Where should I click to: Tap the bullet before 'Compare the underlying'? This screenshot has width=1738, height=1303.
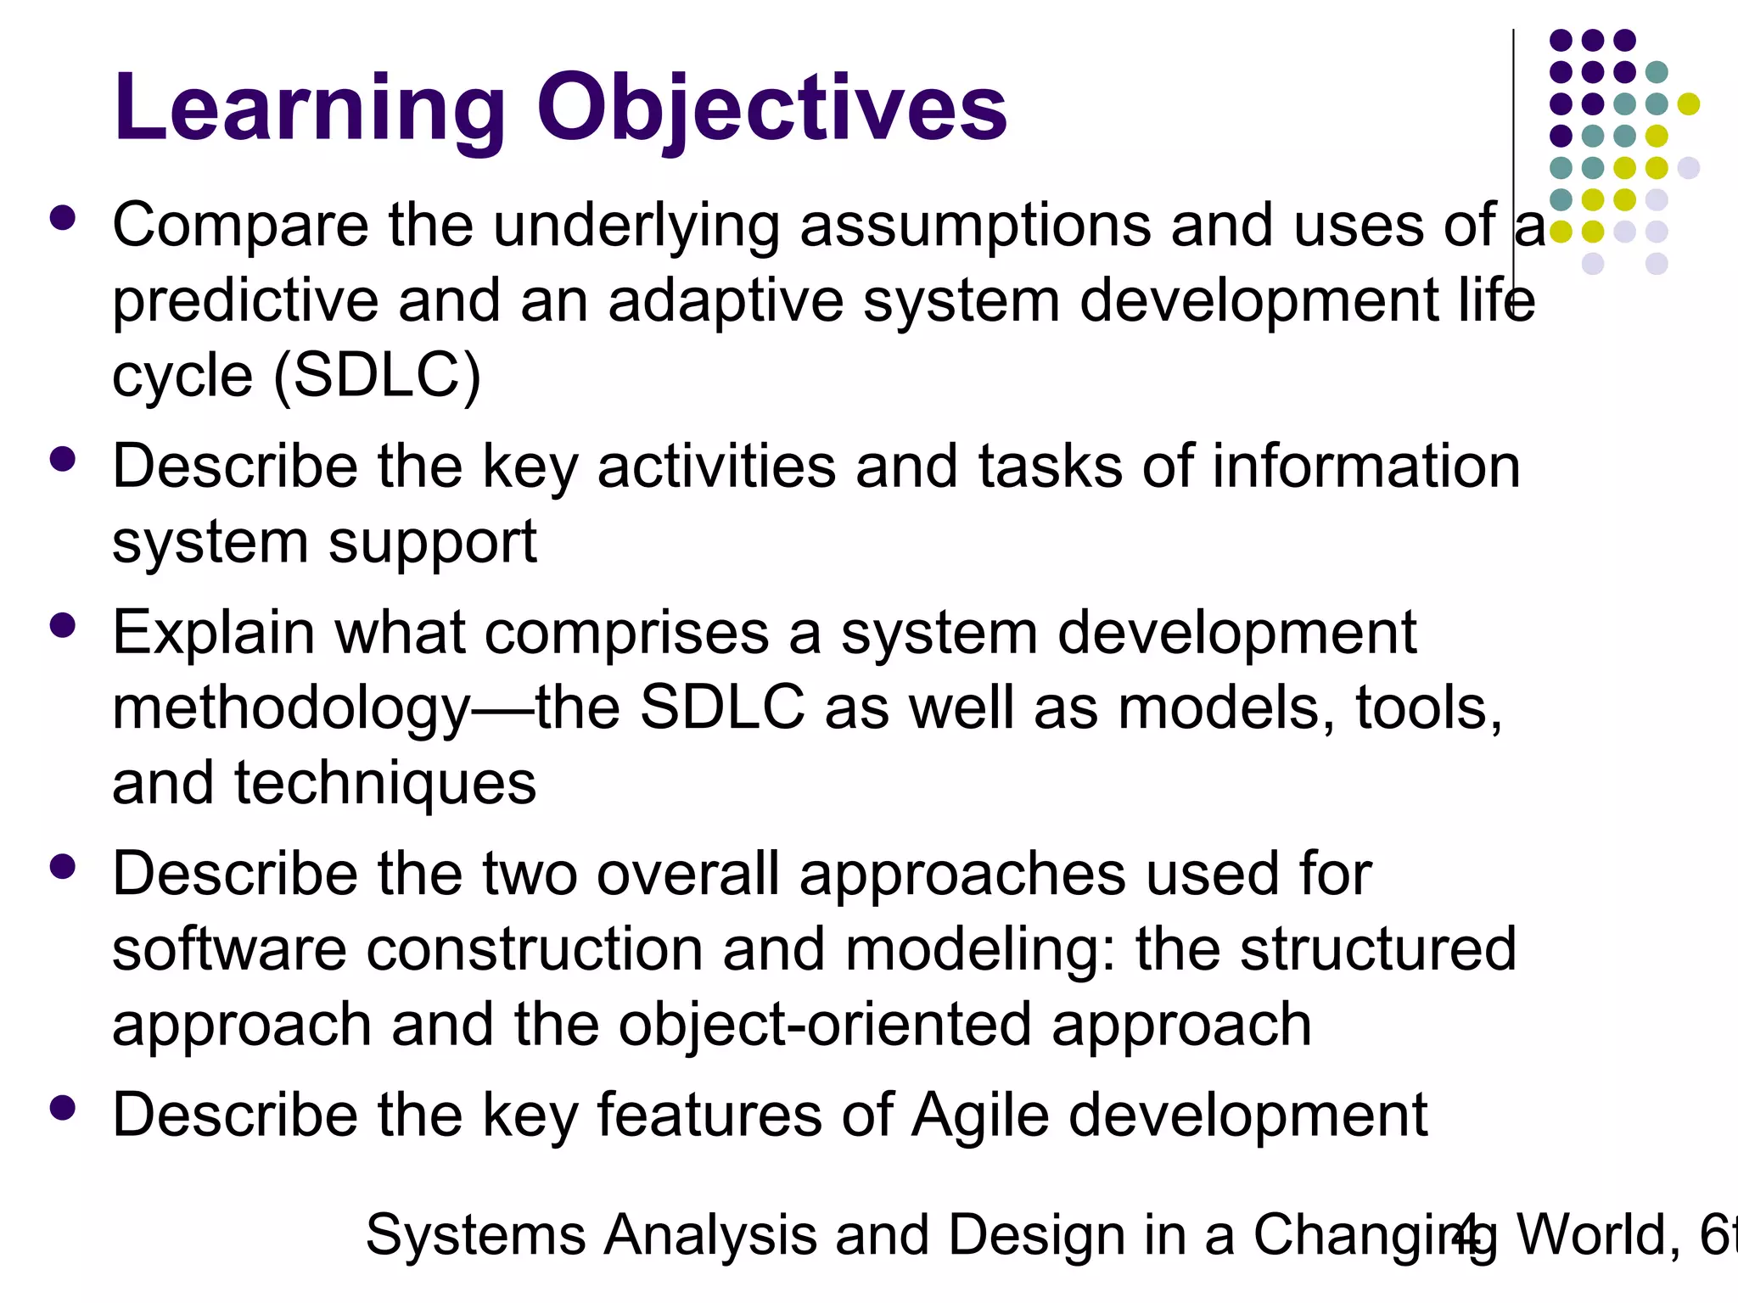63,218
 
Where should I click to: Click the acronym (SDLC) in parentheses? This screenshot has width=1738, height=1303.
378,376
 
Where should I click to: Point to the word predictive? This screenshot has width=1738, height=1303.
245,302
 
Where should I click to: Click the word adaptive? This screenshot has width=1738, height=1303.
726,302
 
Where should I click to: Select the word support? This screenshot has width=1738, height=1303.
432,543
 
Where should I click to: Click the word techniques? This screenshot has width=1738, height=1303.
385,783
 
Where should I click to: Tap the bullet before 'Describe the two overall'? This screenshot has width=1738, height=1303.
63,867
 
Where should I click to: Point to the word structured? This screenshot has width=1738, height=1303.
1378,949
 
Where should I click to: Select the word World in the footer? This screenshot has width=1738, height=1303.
1595,1235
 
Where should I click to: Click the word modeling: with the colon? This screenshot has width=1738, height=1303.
980,949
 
